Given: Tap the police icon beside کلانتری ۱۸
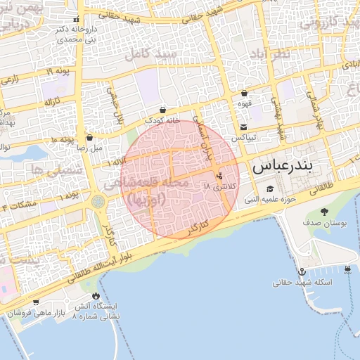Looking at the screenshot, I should point(221,176).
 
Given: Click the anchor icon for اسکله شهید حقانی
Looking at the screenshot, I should point(302,271).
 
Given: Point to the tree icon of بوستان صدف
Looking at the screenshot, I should point(324,211).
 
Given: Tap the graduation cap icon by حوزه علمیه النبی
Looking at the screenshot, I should point(271,189).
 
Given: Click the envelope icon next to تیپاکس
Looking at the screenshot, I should point(243,127).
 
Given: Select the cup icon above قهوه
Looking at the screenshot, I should point(244,93).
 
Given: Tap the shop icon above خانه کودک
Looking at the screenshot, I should point(163,110).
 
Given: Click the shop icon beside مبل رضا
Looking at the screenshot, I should point(89,138).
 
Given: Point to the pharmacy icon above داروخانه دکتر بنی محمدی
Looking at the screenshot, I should point(76,20).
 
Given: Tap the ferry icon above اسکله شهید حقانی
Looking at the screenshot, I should point(349,269).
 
